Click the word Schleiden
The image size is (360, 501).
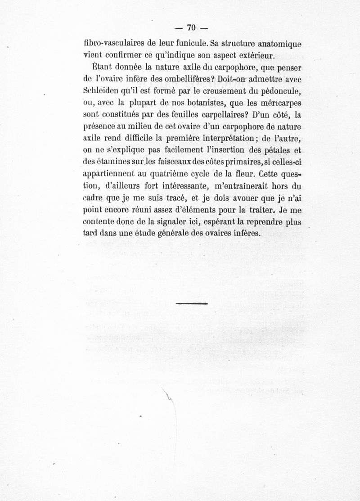coord(101,90)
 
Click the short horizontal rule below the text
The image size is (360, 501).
coord(192,303)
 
